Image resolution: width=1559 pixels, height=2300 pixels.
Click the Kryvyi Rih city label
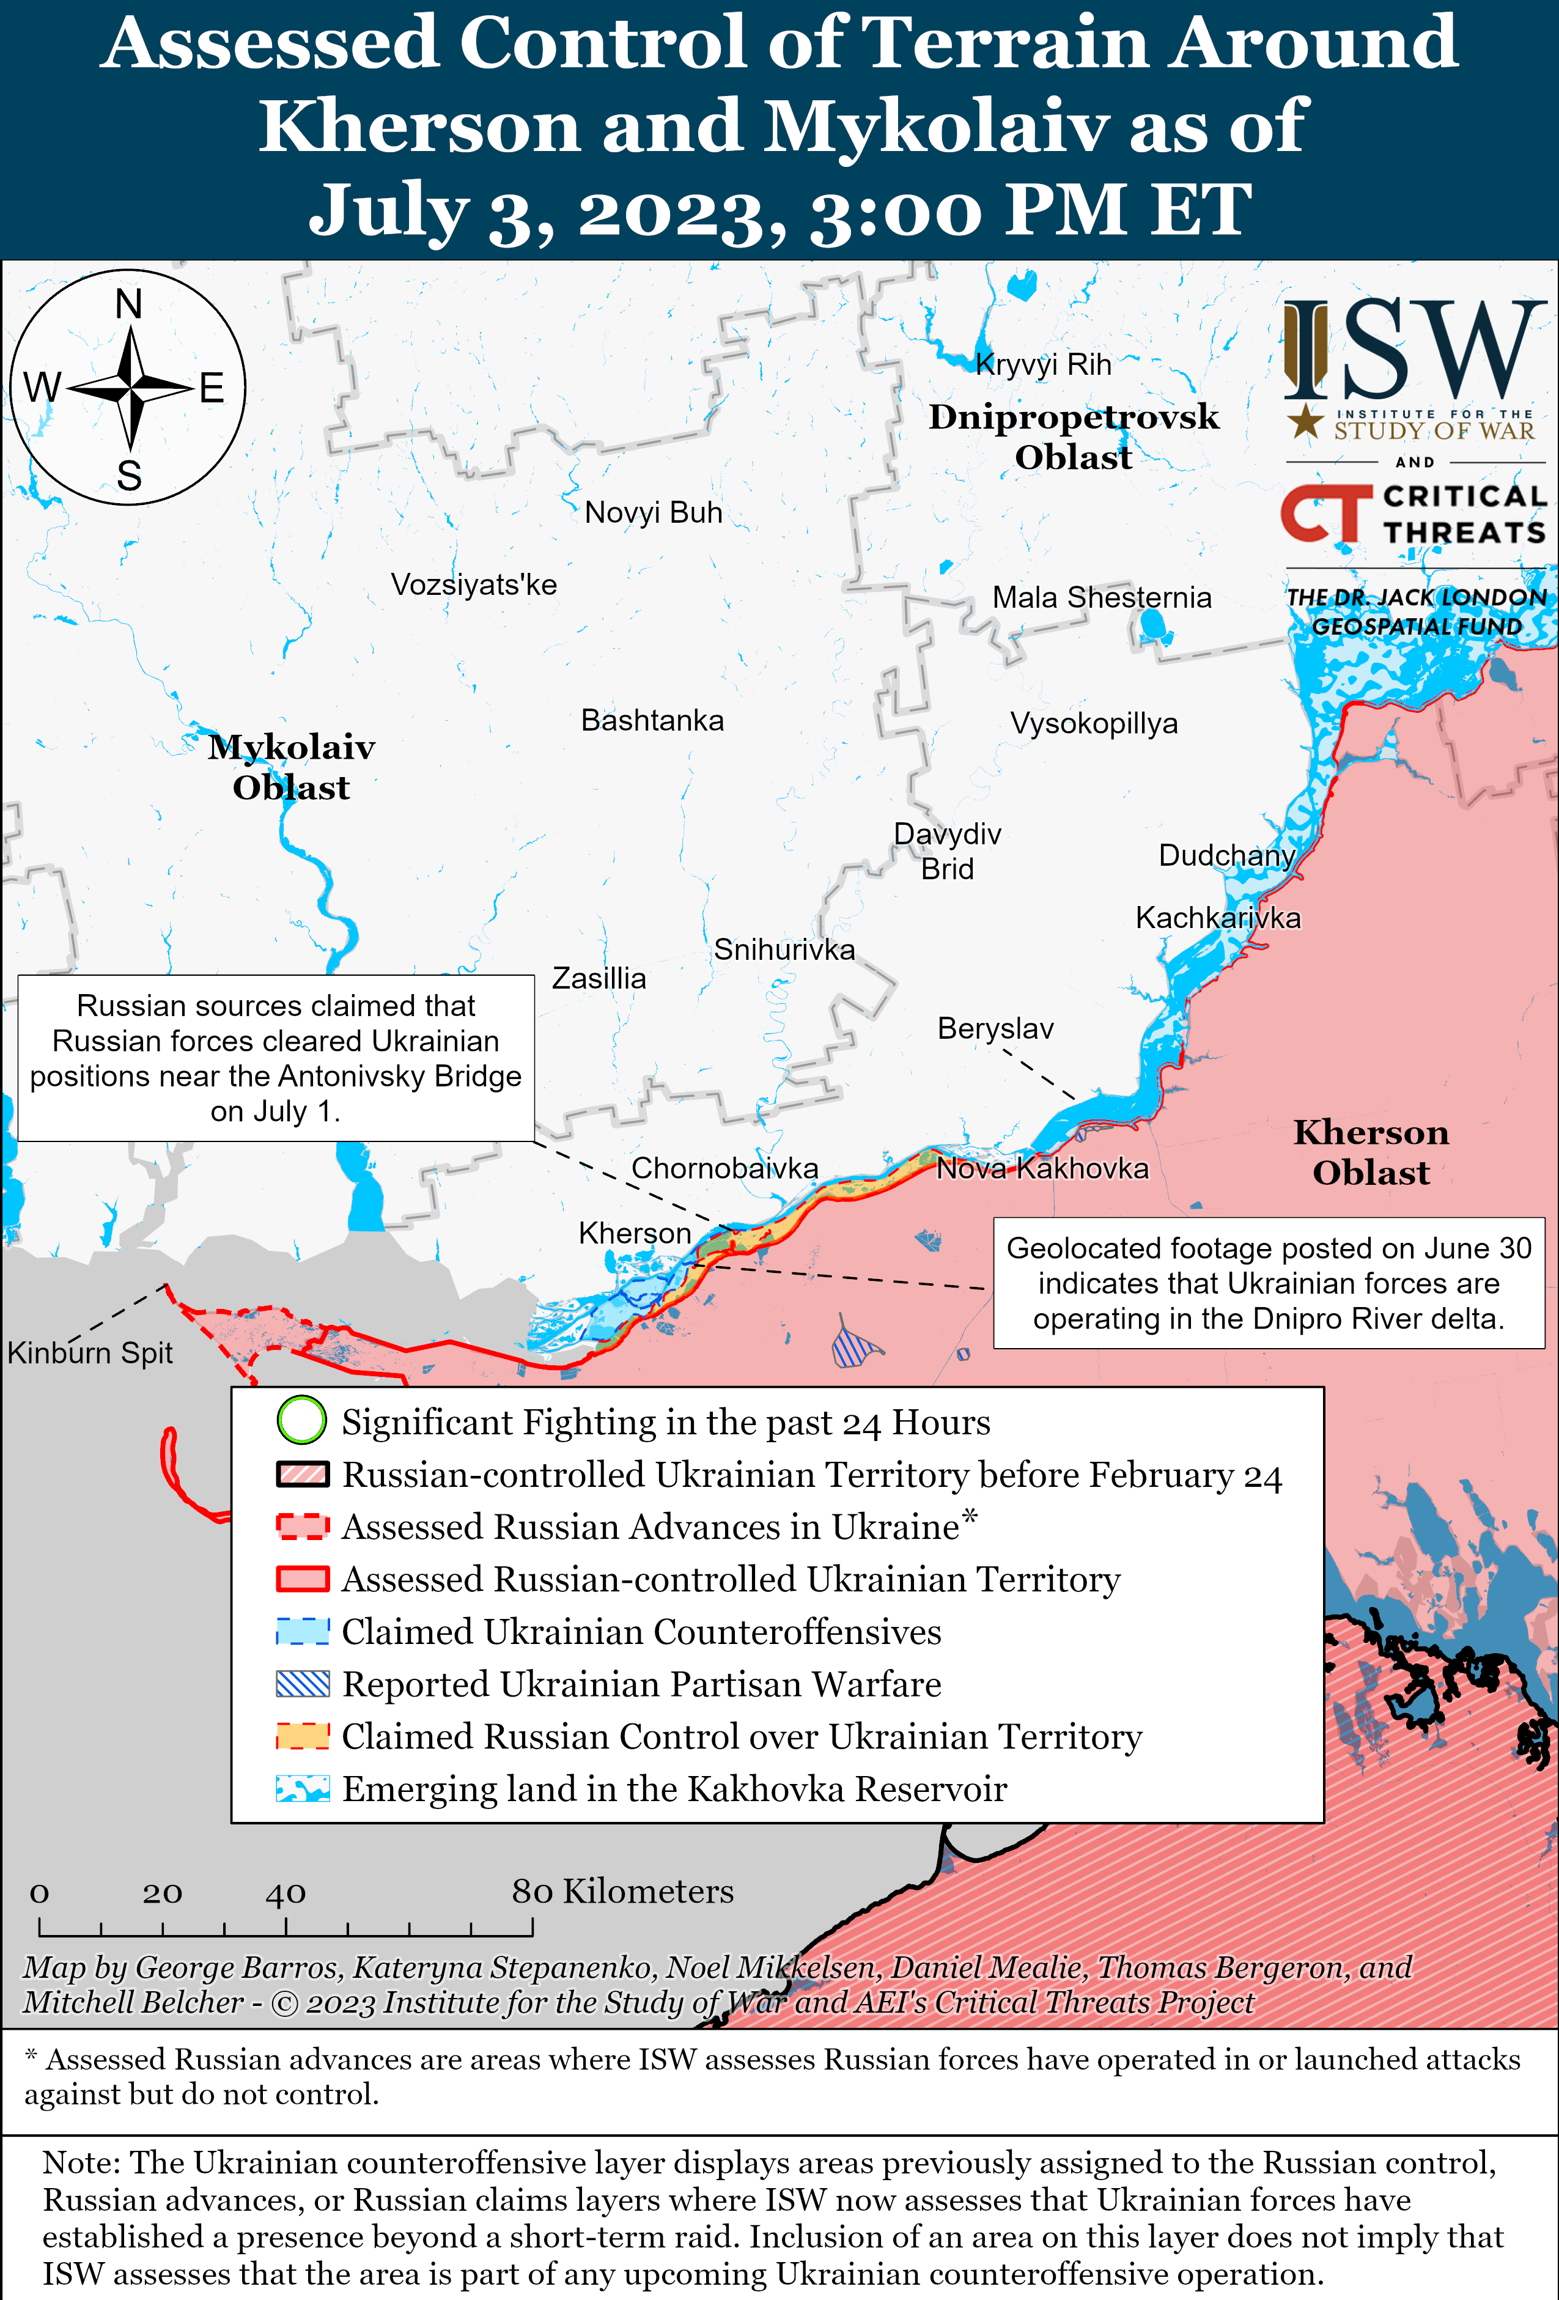tap(1043, 364)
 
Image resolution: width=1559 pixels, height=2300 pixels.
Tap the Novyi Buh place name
tap(654, 513)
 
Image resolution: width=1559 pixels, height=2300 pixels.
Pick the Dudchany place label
tap(1226, 855)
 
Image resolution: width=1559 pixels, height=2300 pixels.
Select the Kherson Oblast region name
tap(1370, 1152)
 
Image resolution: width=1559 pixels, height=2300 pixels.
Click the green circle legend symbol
tap(301, 1420)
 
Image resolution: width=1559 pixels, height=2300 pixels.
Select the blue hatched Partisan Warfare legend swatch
tap(302, 1684)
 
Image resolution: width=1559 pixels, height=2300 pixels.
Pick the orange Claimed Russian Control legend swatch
tap(302, 1736)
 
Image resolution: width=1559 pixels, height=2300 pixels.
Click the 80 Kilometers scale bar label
tap(622, 1891)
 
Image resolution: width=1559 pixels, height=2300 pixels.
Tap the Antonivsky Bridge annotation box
tap(276, 1058)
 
